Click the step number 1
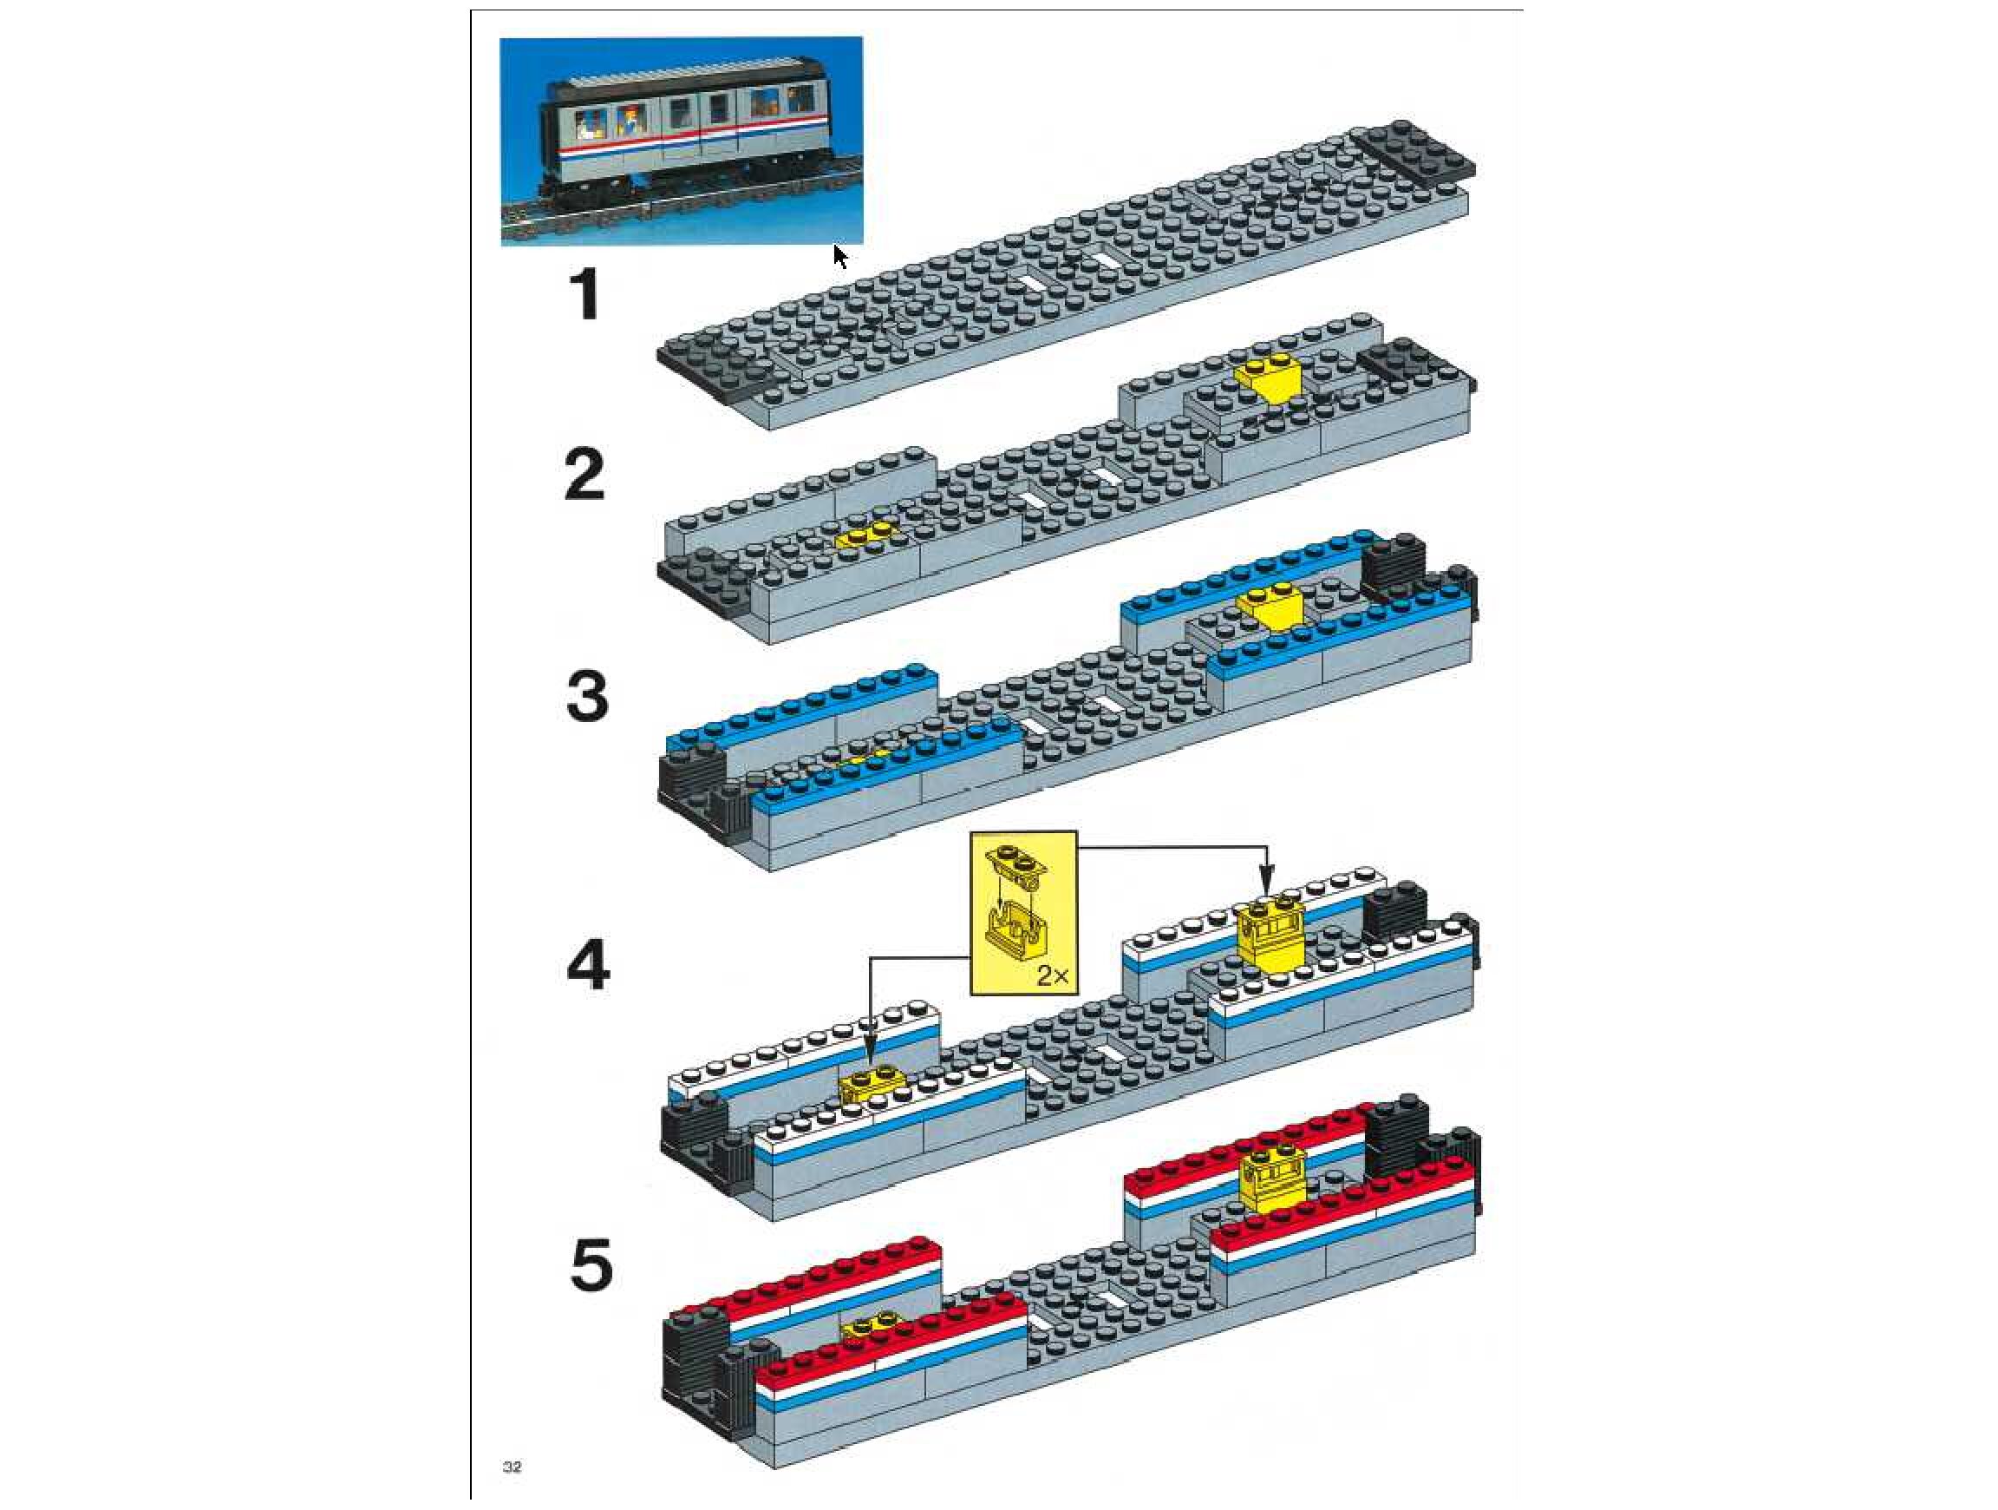coord(585,296)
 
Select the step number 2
coord(584,476)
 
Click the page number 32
coord(513,1466)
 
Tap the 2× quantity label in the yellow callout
coord(1052,976)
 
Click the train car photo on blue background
coord(681,141)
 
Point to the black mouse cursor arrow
coord(840,256)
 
